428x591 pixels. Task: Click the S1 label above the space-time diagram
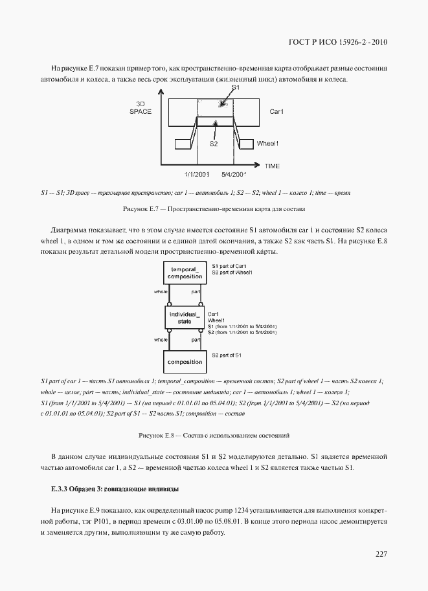236,87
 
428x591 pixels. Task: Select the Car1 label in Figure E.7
277,111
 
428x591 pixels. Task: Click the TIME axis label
272,166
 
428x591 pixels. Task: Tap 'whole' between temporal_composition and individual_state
161,292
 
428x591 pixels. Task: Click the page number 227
381,554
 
